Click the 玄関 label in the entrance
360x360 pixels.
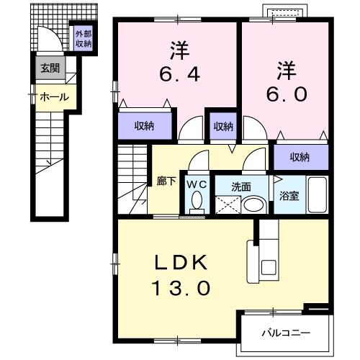pyautogui.click(x=50, y=69)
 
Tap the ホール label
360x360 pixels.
pyautogui.click(x=53, y=96)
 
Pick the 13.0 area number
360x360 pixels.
pyautogui.click(x=181, y=289)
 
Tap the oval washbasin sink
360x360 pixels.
pyautogui.click(x=253, y=204)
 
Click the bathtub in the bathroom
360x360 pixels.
pyautogui.click(x=315, y=195)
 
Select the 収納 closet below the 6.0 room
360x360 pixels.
pyautogui.click(x=300, y=157)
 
